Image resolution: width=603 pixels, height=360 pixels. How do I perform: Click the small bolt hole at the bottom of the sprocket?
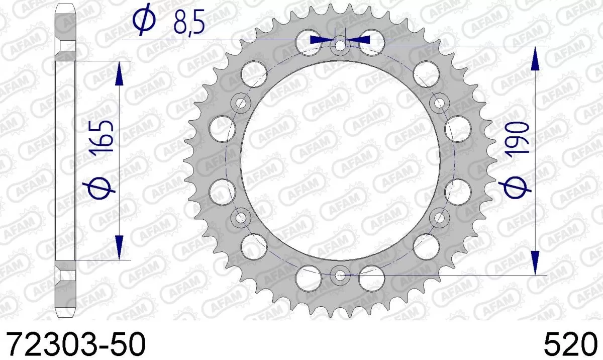pos(340,275)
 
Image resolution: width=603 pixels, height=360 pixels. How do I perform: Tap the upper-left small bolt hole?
pos(242,104)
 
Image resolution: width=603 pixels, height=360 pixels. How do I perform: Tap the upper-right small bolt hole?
pos(440,104)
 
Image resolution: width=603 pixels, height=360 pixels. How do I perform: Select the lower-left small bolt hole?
pos(242,218)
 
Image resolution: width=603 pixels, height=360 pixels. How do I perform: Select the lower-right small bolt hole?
pos(440,218)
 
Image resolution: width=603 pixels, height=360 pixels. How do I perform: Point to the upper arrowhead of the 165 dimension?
pos(119,74)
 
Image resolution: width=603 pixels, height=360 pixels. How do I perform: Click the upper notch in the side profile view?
pos(65,46)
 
